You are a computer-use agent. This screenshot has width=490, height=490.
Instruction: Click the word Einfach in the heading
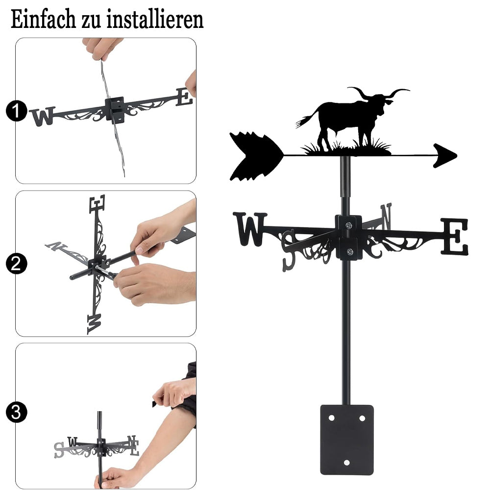pos(43,20)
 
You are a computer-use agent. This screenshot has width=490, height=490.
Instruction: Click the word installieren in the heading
pos(155,20)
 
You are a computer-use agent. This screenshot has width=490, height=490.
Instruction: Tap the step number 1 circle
pos(16,111)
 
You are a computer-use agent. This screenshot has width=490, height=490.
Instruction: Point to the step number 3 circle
pos(16,412)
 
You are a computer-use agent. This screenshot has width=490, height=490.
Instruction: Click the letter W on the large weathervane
pos(250,229)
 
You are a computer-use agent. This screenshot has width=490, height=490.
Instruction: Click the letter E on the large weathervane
pos(455,236)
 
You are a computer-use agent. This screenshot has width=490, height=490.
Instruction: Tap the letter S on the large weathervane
pos(289,250)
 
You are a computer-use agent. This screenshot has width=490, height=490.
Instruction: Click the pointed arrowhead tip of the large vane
pos(457,155)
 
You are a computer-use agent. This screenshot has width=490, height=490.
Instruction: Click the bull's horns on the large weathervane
pos(378,93)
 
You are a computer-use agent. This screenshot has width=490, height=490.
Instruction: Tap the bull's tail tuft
pos(301,122)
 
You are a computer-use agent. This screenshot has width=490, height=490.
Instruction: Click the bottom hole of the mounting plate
pos(347,463)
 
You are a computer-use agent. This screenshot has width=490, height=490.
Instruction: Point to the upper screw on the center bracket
pos(348,225)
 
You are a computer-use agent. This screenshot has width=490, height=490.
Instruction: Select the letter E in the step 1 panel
pos(184,97)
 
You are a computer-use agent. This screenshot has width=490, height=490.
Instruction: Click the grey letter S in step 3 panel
pos(59,450)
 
